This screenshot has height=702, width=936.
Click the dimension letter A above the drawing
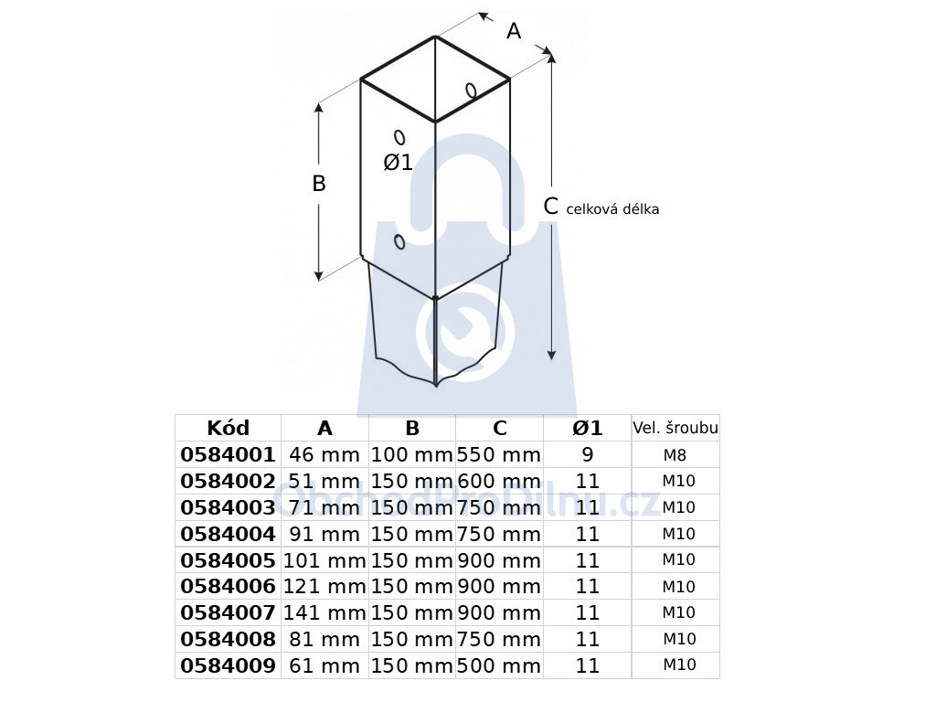pyautogui.click(x=514, y=30)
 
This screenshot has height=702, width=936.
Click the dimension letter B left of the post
pyautogui.click(x=319, y=183)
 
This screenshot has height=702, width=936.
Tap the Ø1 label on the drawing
pyautogui.click(x=399, y=163)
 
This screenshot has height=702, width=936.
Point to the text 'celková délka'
pyautogui.click(x=612, y=209)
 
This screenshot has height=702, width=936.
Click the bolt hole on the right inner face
pyautogui.click(x=471, y=90)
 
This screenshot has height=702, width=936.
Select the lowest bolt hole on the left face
pyautogui.click(x=399, y=241)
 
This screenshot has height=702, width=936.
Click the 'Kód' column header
pyautogui.click(x=228, y=428)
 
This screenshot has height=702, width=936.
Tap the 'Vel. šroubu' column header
pyautogui.click(x=675, y=428)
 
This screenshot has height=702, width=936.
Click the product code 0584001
pyautogui.click(x=228, y=455)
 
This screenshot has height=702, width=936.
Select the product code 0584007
pyautogui.click(x=228, y=612)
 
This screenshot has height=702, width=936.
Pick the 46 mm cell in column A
pyautogui.click(x=324, y=455)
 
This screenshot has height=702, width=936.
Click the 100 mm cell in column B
pyautogui.click(x=412, y=455)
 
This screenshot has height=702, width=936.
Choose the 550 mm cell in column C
pyautogui.click(x=499, y=455)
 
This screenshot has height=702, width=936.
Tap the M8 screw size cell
pyautogui.click(x=675, y=455)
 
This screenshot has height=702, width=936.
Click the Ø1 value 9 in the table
pyautogui.click(x=588, y=455)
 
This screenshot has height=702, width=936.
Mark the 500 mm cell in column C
pyautogui.click(x=499, y=665)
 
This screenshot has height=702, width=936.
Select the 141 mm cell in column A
pyautogui.click(x=324, y=612)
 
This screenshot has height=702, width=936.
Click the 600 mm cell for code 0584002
pyautogui.click(x=499, y=481)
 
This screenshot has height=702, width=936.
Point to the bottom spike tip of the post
pyautogui.click(x=436, y=387)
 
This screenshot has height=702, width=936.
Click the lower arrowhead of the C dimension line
pyautogui.click(x=551, y=355)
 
